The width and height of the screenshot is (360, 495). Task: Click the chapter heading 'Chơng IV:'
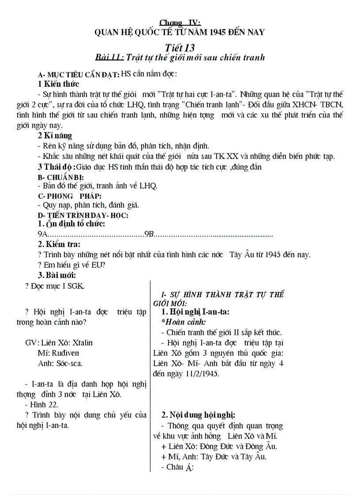click(180, 22)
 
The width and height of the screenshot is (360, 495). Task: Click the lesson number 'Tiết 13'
click(180, 47)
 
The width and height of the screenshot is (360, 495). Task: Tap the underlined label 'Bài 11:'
click(109, 57)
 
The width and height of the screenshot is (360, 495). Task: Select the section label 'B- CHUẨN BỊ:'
click(60, 177)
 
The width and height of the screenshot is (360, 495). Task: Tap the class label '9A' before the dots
click(42, 234)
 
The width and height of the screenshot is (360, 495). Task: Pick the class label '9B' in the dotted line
click(149, 234)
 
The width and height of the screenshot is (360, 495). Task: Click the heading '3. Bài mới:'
click(56, 275)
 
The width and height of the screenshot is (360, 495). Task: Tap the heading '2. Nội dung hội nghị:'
click(198, 415)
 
